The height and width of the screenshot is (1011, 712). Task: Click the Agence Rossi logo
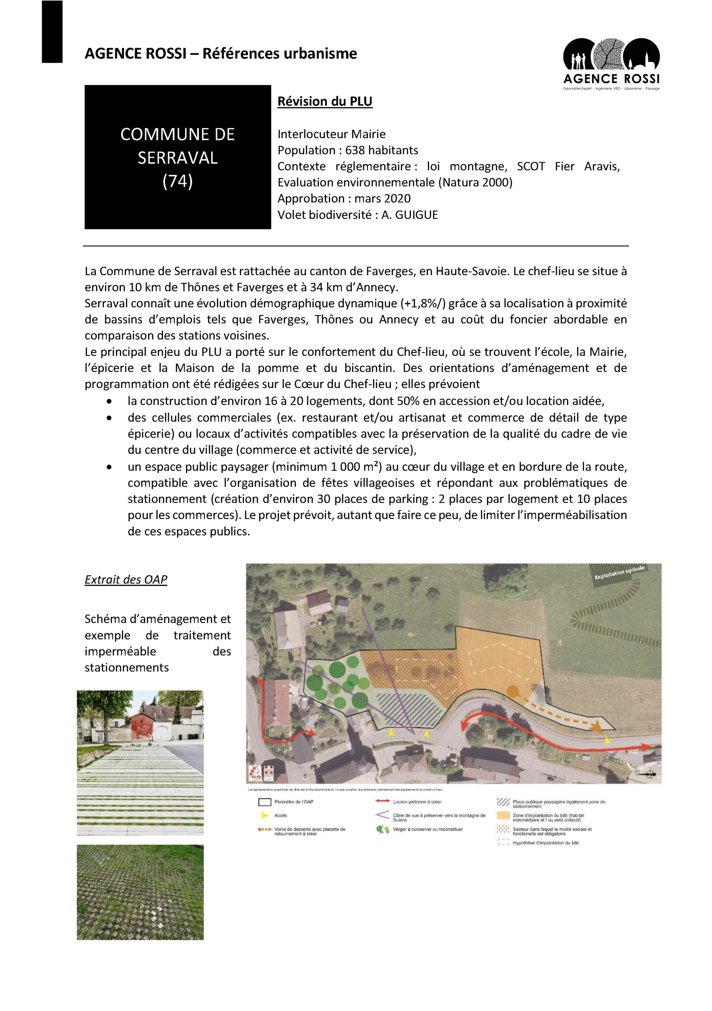611,64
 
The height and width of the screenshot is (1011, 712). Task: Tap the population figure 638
355,150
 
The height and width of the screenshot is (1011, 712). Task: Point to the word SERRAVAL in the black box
177,158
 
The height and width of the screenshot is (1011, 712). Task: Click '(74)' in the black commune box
177,181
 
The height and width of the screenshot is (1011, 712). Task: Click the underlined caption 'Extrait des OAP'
126,579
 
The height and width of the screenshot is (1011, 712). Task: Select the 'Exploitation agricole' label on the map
619,572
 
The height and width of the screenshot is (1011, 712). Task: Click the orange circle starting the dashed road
512,691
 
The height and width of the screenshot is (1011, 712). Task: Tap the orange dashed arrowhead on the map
596,727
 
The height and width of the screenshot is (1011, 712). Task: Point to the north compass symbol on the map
650,774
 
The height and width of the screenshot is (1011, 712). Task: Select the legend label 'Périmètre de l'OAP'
294,802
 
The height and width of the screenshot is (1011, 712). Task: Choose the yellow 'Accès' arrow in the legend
264,816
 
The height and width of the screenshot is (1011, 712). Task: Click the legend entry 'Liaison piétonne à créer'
417,802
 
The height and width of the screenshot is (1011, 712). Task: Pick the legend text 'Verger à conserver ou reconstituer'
427,829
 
